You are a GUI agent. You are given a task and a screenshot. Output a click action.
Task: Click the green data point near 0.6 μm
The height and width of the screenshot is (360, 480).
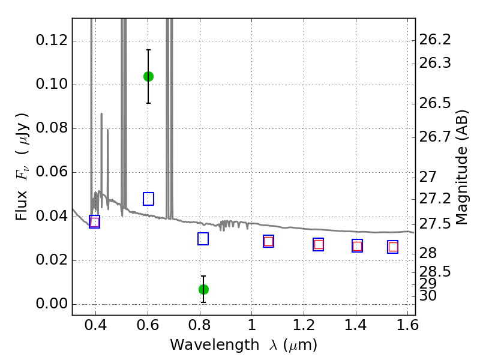point(148,76)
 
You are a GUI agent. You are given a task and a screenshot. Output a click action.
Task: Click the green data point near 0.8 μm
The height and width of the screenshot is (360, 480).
point(203,289)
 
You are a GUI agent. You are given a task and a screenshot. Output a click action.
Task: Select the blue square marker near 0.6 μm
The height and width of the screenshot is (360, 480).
point(148,199)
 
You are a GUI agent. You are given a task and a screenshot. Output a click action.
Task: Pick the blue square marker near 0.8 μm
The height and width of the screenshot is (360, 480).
point(203,239)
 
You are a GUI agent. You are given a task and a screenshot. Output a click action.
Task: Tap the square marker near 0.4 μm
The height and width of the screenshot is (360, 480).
point(94,222)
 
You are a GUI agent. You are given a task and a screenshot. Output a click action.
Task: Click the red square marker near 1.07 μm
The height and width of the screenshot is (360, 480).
point(268,241)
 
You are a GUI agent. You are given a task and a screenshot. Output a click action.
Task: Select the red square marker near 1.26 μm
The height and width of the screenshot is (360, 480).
point(319,244)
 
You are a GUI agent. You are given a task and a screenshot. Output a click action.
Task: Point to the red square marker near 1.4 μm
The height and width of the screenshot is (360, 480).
point(357,246)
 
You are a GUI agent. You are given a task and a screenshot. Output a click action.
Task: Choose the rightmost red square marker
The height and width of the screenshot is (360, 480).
point(393,247)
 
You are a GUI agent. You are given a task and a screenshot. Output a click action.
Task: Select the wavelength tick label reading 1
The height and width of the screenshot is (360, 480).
point(251,327)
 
